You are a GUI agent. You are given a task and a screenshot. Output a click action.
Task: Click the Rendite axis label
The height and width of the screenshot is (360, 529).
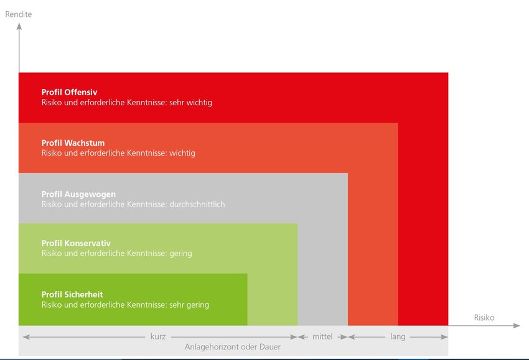point(19,14)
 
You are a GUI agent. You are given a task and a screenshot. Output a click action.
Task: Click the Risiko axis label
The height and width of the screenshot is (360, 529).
point(484,318)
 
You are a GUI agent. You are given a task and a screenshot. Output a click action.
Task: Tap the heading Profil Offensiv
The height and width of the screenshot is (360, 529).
point(70,92)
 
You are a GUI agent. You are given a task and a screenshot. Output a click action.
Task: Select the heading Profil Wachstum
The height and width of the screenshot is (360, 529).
point(73,143)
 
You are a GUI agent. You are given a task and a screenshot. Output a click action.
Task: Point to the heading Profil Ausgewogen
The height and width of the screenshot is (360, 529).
point(78,194)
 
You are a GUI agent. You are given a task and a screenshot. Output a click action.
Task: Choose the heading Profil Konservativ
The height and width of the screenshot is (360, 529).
point(76,243)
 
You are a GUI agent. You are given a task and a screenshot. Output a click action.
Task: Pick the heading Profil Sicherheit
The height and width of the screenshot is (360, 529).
point(72,295)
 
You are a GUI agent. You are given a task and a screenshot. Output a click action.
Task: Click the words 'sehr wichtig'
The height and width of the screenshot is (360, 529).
point(190,102)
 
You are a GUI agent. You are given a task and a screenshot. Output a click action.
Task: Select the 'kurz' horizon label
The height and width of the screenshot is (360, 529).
point(158,337)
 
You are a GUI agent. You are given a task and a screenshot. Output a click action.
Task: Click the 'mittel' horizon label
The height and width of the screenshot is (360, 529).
point(322,337)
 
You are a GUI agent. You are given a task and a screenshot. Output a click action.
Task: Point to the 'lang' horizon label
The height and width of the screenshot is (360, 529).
point(398,337)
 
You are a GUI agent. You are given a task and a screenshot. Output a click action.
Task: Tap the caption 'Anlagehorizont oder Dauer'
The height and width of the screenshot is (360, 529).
point(233,347)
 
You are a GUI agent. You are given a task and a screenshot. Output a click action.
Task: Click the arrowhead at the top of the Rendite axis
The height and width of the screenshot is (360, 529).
point(19,26)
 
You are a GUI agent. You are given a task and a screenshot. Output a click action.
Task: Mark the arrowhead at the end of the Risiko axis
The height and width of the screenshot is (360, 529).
point(517,326)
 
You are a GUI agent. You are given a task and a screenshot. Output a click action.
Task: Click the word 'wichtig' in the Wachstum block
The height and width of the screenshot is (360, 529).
point(182,153)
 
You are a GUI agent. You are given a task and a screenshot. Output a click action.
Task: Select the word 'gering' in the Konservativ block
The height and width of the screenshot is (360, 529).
point(180,253)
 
